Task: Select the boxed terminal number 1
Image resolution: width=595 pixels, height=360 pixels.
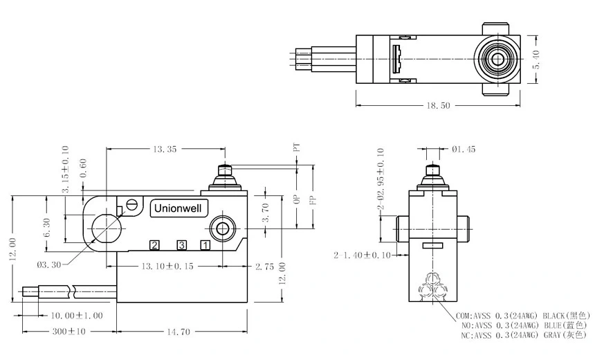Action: coord(205,244)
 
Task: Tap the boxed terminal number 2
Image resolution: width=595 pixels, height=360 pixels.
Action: coord(155,244)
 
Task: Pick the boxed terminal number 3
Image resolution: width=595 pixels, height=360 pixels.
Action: coord(181,244)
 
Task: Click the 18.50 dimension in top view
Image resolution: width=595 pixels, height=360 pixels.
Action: coord(439,105)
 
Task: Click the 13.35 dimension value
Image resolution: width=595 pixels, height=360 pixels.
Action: coord(167,148)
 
